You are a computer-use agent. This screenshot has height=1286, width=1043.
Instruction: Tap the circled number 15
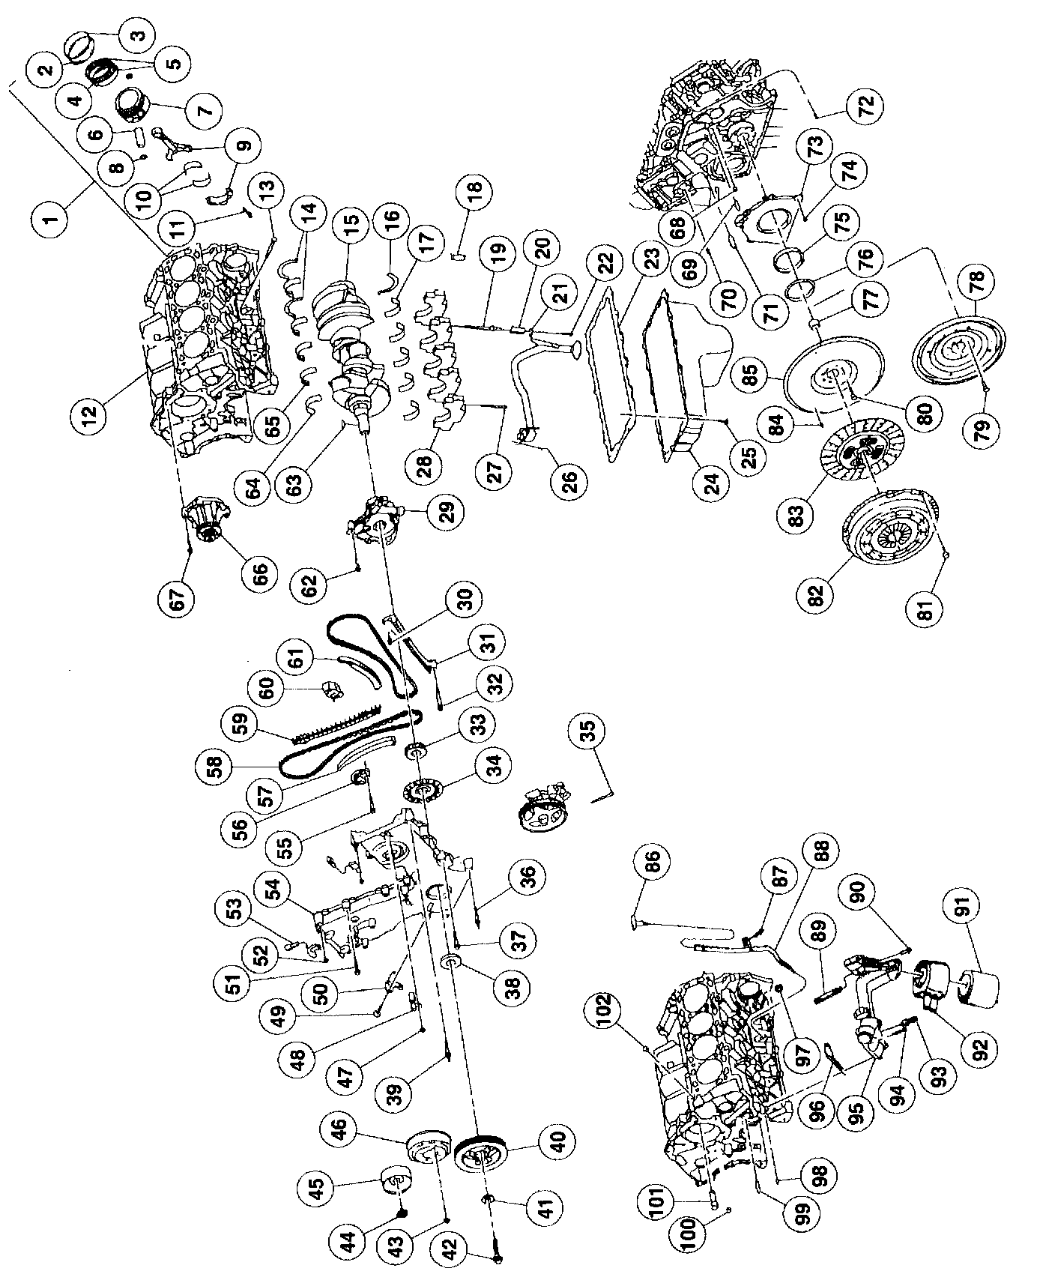point(351,221)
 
